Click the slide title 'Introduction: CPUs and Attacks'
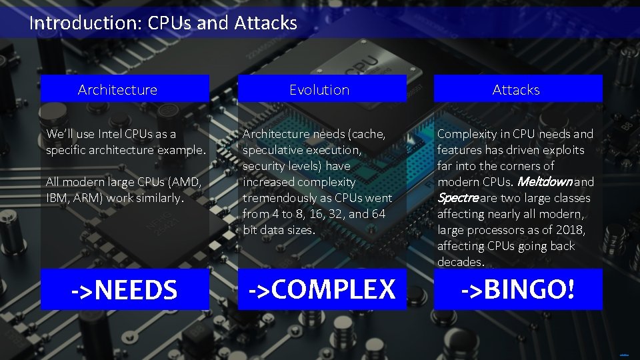coord(163,23)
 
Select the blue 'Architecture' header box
coord(125,89)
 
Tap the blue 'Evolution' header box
coord(322,89)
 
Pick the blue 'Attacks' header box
coord(518,89)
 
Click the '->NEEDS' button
coord(125,289)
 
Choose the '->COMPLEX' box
coord(322,289)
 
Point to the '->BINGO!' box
coord(518,289)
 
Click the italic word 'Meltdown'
coord(545,182)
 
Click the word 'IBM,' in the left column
coord(56,198)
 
